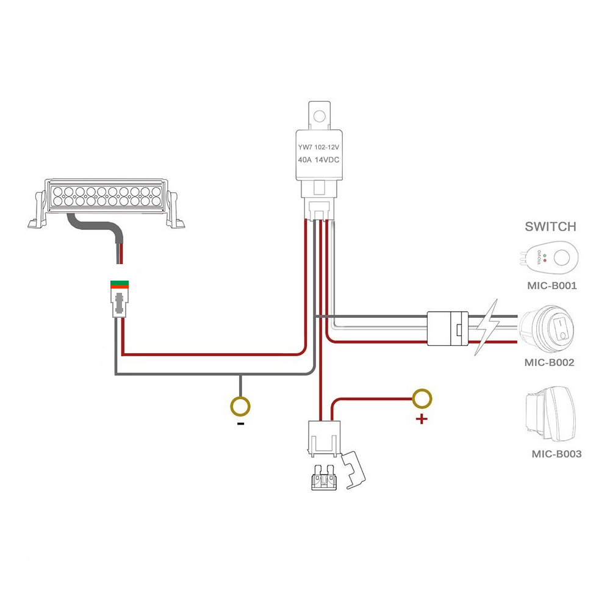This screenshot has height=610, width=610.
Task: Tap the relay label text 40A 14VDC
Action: click(x=318, y=159)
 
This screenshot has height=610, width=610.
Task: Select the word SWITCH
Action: click(x=550, y=227)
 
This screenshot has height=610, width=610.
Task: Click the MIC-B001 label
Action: click(x=552, y=285)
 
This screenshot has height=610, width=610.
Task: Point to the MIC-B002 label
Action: click(x=549, y=362)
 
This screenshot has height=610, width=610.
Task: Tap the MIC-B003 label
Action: click(x=556, y=454)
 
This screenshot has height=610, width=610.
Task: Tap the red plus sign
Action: click(x=421, y=419)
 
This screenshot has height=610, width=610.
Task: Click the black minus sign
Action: click(x=241, y=423)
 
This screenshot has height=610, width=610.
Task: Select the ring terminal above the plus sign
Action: click(x=422, y=399)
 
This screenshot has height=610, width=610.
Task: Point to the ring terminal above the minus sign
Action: click(x=240, y=406)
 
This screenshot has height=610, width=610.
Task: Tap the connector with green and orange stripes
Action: click(x=120, y=284)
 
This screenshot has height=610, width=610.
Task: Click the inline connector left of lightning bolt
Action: click(x=448, y=329)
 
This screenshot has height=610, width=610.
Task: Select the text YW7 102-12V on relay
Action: click(x=318, y=146)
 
